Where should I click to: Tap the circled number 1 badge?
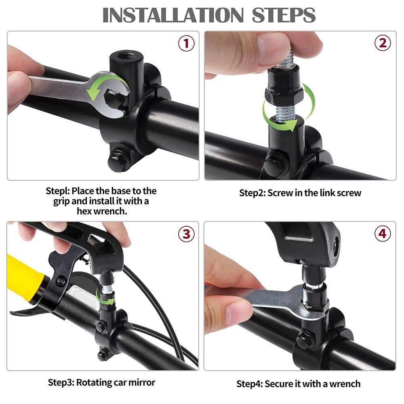(x=186, y=43)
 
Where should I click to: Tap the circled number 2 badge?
(x=382, y=43)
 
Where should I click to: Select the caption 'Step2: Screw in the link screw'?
(x=300, y=193)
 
